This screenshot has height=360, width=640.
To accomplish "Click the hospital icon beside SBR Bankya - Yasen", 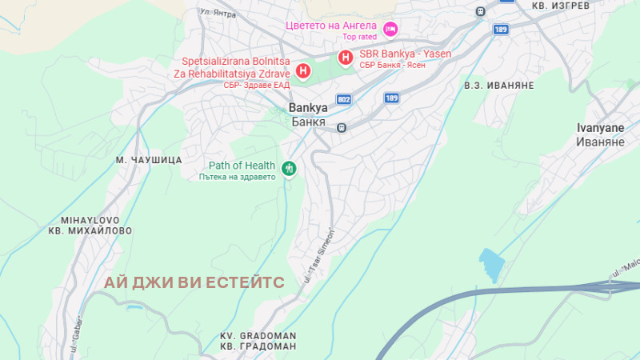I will (x=345, y=58).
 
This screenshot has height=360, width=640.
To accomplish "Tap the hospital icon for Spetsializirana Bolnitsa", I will (x=303, y=71).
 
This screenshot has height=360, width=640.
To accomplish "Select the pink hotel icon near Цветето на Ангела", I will (x=390, y=30).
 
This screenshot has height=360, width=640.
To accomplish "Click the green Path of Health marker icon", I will (x=289, y=169).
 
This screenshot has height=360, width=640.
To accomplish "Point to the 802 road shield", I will (x=344, y=98).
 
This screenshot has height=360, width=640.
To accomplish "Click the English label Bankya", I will (x=307, y=109).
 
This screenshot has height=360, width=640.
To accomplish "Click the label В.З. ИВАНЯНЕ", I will (x=498, y=85).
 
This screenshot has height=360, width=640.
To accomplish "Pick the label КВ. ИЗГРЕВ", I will (x=561, y=6).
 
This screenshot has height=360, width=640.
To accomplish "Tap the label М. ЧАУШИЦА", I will (x=149, y=160).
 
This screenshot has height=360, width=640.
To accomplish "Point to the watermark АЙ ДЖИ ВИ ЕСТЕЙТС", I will (x=194, y=282).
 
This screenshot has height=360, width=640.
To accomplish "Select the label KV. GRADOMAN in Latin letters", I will (x=258, y=335).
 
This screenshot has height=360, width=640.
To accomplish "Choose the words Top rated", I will (x=359, y=37).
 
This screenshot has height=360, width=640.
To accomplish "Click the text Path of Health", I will (x=242, y=166).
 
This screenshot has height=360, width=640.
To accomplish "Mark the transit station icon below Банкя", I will (x=342, y=127).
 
